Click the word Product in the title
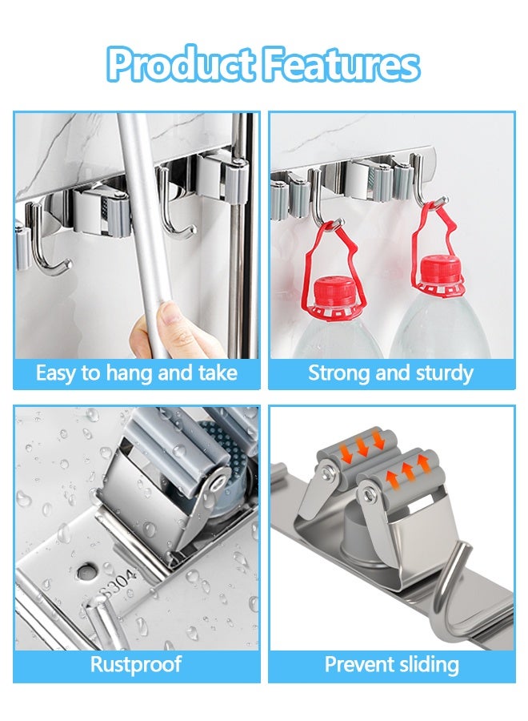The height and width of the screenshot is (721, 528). [x=179, y=65]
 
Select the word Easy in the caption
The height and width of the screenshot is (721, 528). [x=54, y=373]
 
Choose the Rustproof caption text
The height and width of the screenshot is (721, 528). [x=136, y=664]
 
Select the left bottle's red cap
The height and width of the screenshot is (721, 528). [x=330, y=292]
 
